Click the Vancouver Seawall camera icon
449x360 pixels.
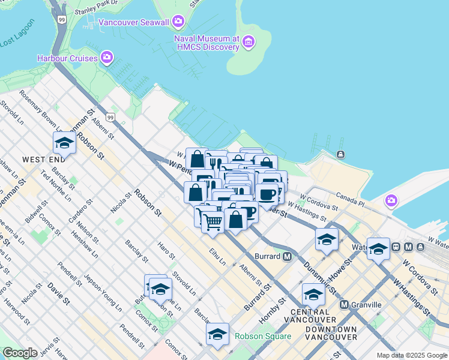click(178, 22)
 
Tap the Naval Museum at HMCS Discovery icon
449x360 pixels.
click(249, 42)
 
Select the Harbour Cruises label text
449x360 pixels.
click(67, 58)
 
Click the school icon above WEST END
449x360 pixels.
click(64, 143)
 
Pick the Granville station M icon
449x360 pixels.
click(345, 305)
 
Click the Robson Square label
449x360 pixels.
click(263, 336)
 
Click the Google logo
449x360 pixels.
click(20, 353)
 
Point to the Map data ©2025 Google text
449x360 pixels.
click(412, 355)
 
